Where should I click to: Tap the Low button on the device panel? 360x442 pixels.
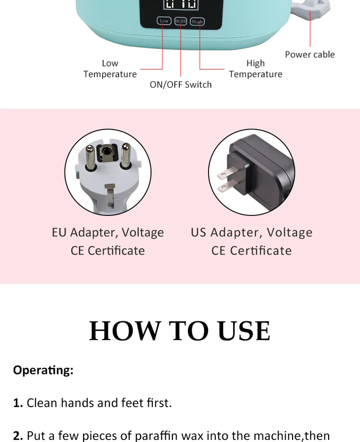click(x=164, y=21)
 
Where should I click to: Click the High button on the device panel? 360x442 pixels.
click(x=197, y=21)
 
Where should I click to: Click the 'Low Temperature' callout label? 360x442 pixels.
click(x=110, y=68)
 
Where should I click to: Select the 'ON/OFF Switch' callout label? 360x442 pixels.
click(x=180, y=84)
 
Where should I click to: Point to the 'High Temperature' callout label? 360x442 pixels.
click(x=255, y=68)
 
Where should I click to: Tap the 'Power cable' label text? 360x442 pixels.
click(x=309, y=54)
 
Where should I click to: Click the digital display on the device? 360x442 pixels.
click(x=180, y=4)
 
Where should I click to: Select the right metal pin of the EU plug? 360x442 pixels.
click(x=125, y=155)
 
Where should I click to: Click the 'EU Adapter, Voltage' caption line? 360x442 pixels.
click(x=107, y=232)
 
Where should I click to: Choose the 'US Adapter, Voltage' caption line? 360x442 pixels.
click(x=251, y=232)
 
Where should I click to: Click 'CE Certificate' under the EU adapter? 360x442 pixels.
click(x=107, y=250)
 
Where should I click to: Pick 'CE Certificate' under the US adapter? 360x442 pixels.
click(x=251, y=250)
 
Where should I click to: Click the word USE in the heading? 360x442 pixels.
click(x=244, y=330)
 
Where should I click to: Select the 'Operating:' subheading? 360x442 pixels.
click(x=43, y=370)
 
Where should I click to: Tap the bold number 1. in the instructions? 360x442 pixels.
click(x=18, y=403)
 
